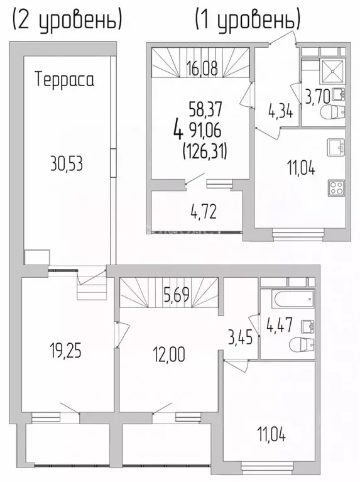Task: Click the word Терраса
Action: coord(64,80)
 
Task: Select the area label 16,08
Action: coord(203,68)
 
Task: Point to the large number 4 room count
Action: coord(179,131)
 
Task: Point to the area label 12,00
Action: coord(168,354)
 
